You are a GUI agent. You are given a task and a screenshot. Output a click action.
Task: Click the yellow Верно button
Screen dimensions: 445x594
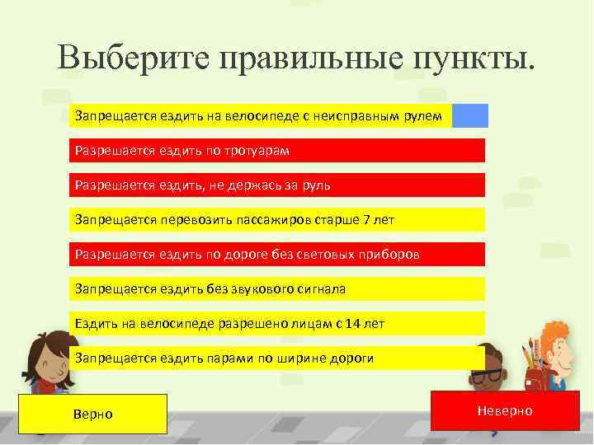93,414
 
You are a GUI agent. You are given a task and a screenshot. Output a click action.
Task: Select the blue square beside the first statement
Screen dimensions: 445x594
470,116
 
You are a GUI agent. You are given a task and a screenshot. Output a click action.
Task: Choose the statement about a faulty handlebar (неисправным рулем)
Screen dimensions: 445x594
262,116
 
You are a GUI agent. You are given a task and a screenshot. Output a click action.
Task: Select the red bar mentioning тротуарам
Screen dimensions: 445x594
277,151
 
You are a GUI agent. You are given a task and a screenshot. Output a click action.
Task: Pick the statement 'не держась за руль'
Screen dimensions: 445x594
277,185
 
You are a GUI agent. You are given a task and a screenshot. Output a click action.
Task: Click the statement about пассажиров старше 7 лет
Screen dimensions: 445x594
277,220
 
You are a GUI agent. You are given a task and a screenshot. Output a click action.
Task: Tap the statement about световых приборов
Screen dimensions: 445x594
277,255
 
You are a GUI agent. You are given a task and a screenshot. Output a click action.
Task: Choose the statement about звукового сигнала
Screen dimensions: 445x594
277,289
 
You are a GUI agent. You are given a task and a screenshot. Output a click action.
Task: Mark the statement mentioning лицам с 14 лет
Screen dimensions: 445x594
277,324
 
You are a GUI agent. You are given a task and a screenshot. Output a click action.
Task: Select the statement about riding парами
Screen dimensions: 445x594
277,358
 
